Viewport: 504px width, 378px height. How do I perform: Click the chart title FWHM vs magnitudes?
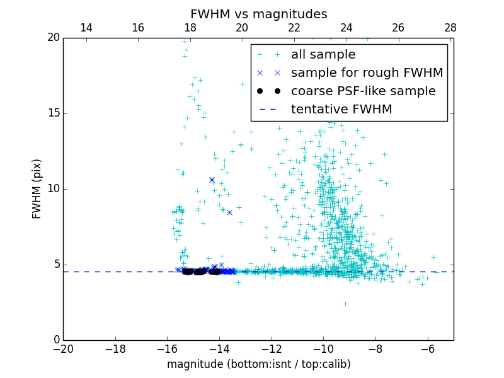[x=258, y=14]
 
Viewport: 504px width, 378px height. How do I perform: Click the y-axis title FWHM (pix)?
[x=37, y=189]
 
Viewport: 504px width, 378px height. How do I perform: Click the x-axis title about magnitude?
[x=258, y=364]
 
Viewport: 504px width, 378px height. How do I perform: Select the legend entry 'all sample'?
[x=323, y=55]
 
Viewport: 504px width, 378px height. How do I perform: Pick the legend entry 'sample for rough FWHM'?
[x=367, y=73]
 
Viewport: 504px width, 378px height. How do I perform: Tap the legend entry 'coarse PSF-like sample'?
[x=363, y=91]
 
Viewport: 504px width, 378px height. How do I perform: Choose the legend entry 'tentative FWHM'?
[x=341, y=110]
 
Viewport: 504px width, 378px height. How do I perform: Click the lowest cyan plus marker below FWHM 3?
[x=345, y=304]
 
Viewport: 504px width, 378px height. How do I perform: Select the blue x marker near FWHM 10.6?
[x=212, y=180]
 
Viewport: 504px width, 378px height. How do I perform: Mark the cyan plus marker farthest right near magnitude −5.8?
[x=433, y=257]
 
